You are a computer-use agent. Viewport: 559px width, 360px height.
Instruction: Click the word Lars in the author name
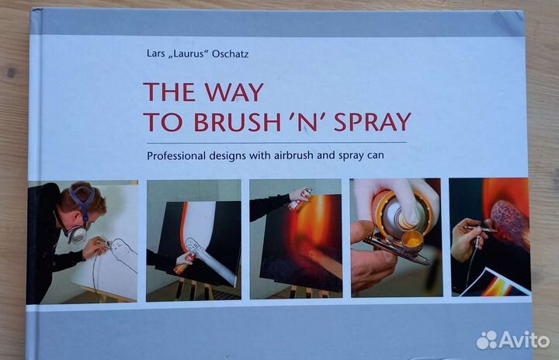click(x=156, y=54)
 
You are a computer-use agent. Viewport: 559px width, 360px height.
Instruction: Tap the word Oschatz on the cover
click(x=230, y=54)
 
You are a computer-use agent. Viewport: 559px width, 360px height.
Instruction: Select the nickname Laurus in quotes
click(x=188, y=54)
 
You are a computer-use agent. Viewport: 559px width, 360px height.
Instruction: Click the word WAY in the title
click(x=234, y=92)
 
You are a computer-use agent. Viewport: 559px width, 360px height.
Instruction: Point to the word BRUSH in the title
click(x=237, y=122)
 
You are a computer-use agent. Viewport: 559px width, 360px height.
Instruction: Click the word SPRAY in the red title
click(x=372, y=122)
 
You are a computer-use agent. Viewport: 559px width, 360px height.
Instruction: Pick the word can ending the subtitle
click(x=376, y=156)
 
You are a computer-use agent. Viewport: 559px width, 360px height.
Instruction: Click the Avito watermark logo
click(x=512, y=340)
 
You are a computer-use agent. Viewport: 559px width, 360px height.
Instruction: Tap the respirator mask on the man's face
click(x=78, y=233)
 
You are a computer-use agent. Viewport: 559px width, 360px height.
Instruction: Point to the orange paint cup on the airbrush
click(x=412, y=241)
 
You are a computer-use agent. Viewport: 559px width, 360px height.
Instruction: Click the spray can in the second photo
click(x=186, y=262)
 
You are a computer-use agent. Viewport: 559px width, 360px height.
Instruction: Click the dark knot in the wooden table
click(x=11, y=73)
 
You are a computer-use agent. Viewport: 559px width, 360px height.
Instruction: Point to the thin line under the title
click(x=276, y=143)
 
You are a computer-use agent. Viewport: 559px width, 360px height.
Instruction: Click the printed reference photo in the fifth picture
click(x=494, y=282)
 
